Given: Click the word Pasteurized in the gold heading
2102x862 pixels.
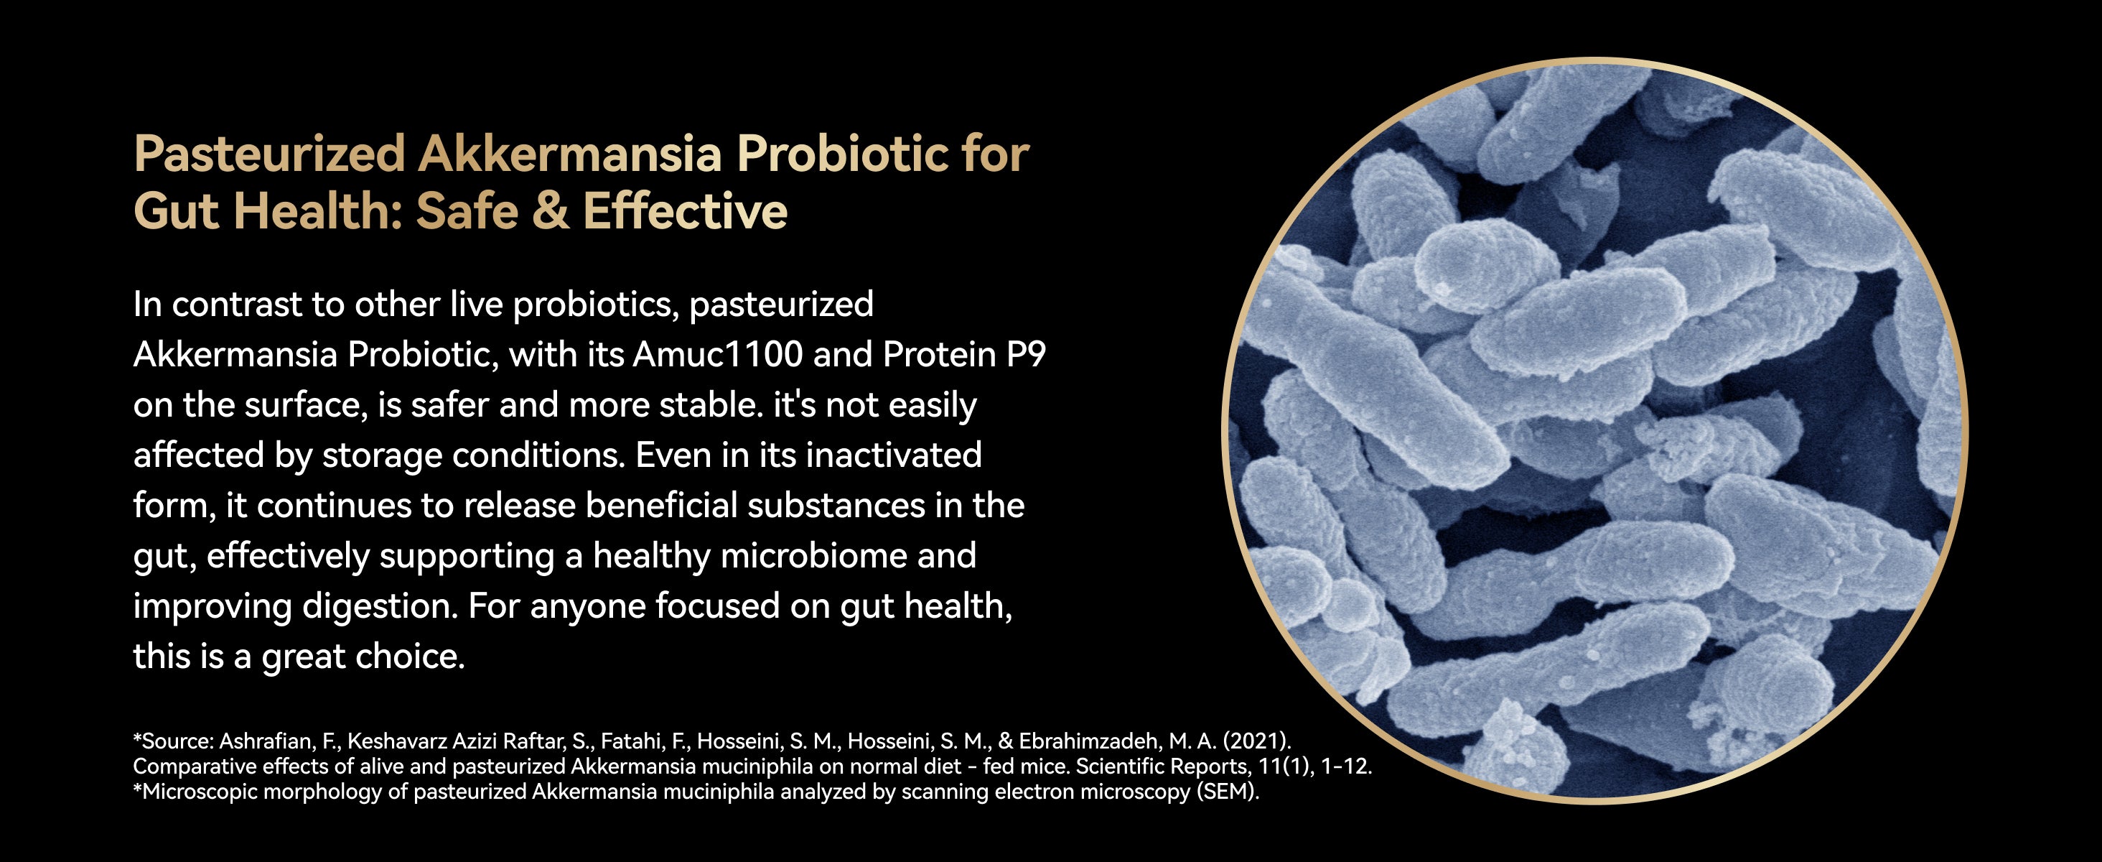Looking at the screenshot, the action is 269,154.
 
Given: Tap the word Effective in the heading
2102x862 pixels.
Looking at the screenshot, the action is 685,210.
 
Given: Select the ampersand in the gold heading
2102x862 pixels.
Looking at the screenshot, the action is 550,210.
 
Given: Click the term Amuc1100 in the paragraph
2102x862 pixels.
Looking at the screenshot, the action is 718,354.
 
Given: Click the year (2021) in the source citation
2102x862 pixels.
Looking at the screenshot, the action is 1256,741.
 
